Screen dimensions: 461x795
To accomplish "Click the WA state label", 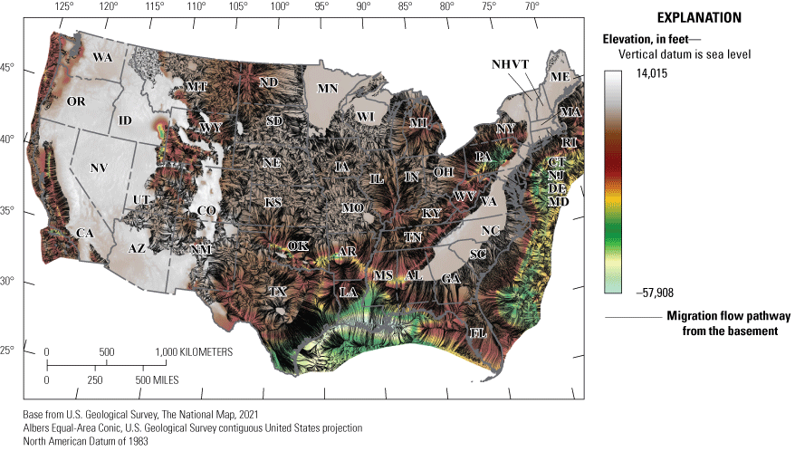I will click(102, 57).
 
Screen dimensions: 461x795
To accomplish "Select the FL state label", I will click(478, 332).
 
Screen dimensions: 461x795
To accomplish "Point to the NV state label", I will click(98, 168).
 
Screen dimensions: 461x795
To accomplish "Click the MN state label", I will click(327, 89).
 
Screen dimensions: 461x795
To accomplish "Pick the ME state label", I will click(560, 77).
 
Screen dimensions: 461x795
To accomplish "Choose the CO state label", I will click(206, 211).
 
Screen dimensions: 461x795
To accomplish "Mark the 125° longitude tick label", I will click(64, 6).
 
